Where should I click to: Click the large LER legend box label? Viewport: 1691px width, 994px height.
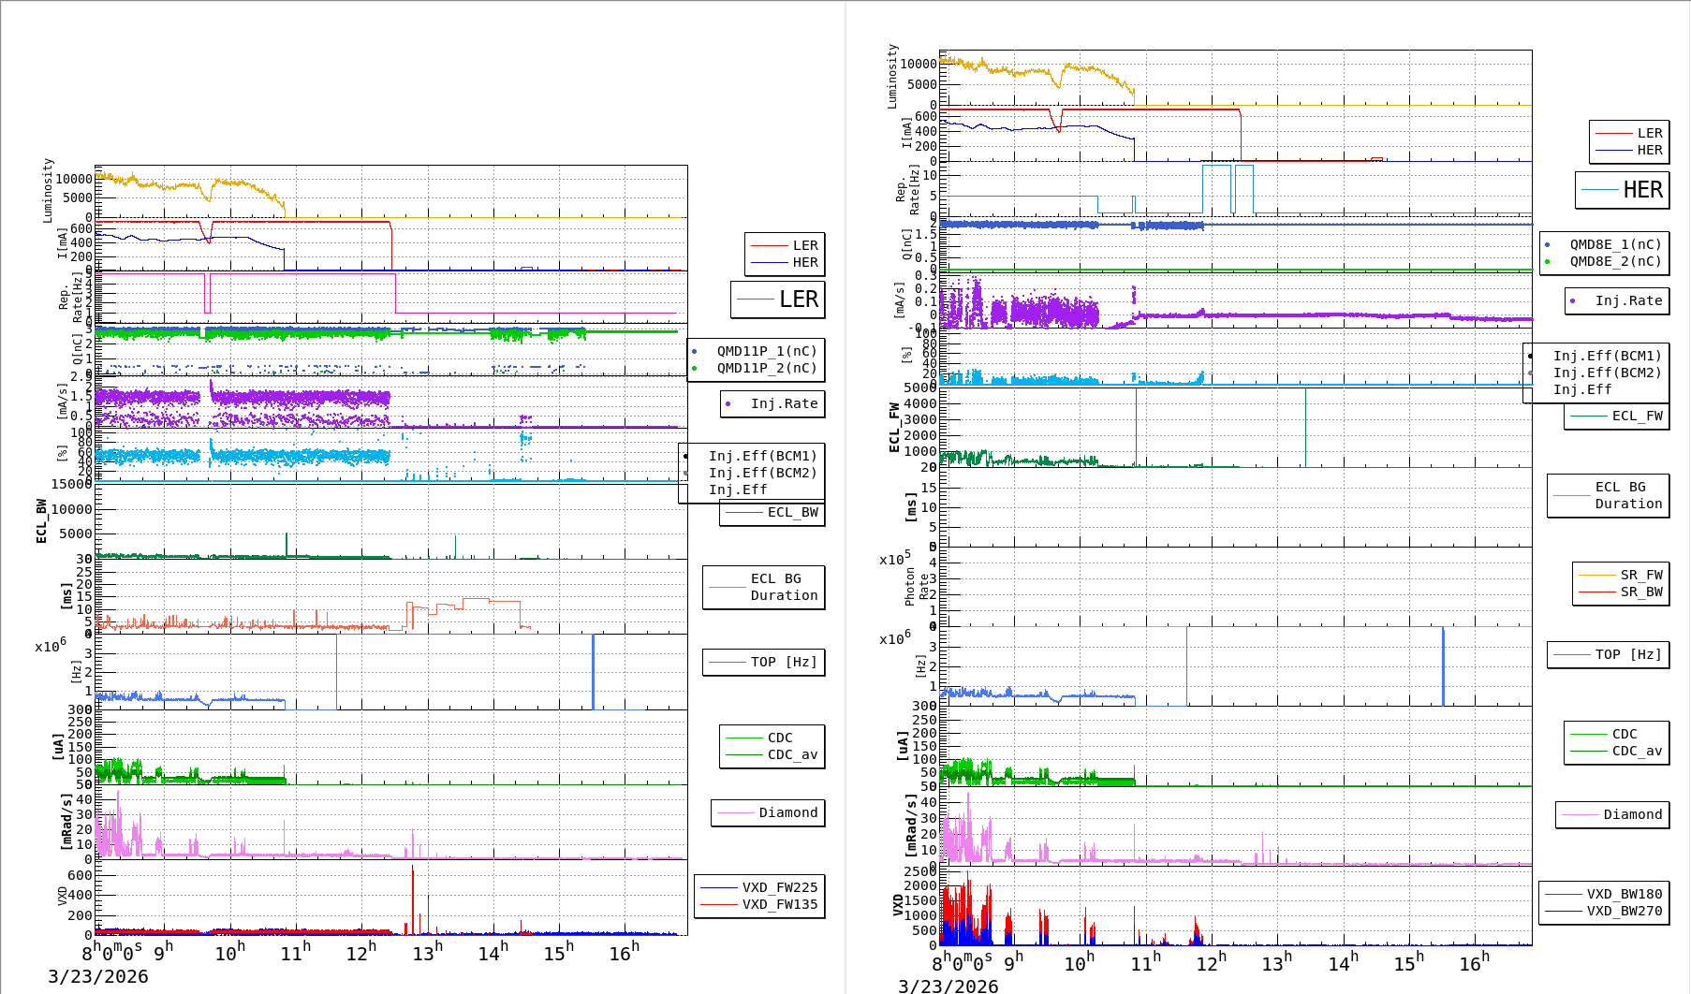point(798,300)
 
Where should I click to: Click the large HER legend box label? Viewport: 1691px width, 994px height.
point(1642,190)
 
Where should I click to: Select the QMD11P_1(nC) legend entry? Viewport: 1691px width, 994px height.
point(767,351)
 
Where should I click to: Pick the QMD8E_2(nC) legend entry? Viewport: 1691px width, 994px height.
point(1615,261)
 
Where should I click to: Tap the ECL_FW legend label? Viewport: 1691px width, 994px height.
point(1637,416)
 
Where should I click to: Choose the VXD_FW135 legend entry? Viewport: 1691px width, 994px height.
point(779,904)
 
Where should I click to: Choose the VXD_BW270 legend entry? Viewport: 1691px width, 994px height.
point(1624,911)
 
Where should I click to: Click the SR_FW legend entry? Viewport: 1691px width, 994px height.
point(1641,575)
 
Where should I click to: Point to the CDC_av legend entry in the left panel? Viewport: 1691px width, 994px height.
point(792,754)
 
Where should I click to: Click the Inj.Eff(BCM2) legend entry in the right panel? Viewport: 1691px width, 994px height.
point(1607,373)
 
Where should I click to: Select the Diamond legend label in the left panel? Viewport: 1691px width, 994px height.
point(787,812)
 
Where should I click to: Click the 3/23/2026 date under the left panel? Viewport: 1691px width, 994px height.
point(97,976)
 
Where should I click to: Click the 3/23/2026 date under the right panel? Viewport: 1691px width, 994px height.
point(948,986)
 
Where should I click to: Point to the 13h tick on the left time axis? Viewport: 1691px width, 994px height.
point(427,953)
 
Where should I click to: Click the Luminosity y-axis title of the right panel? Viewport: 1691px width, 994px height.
point(892,76)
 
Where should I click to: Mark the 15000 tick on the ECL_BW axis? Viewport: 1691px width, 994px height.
point(71,484)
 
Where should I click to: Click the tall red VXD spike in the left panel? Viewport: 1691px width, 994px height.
point(413,899)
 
